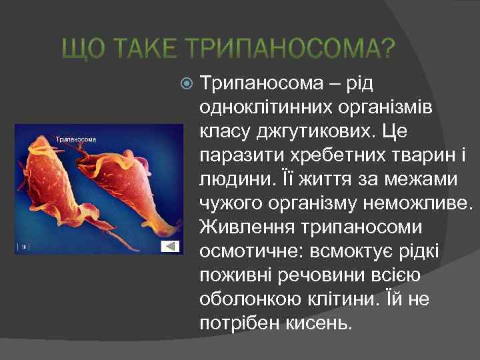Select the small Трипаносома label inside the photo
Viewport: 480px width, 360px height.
pos(75,139)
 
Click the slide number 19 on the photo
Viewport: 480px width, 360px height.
pos(23,247)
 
